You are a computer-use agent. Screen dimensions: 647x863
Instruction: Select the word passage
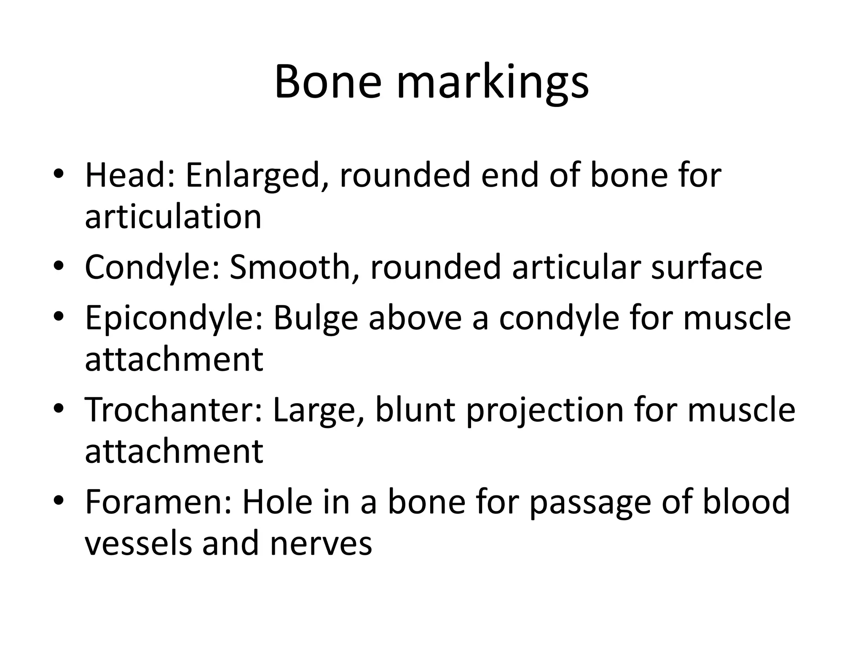click(x=590, y=503)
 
